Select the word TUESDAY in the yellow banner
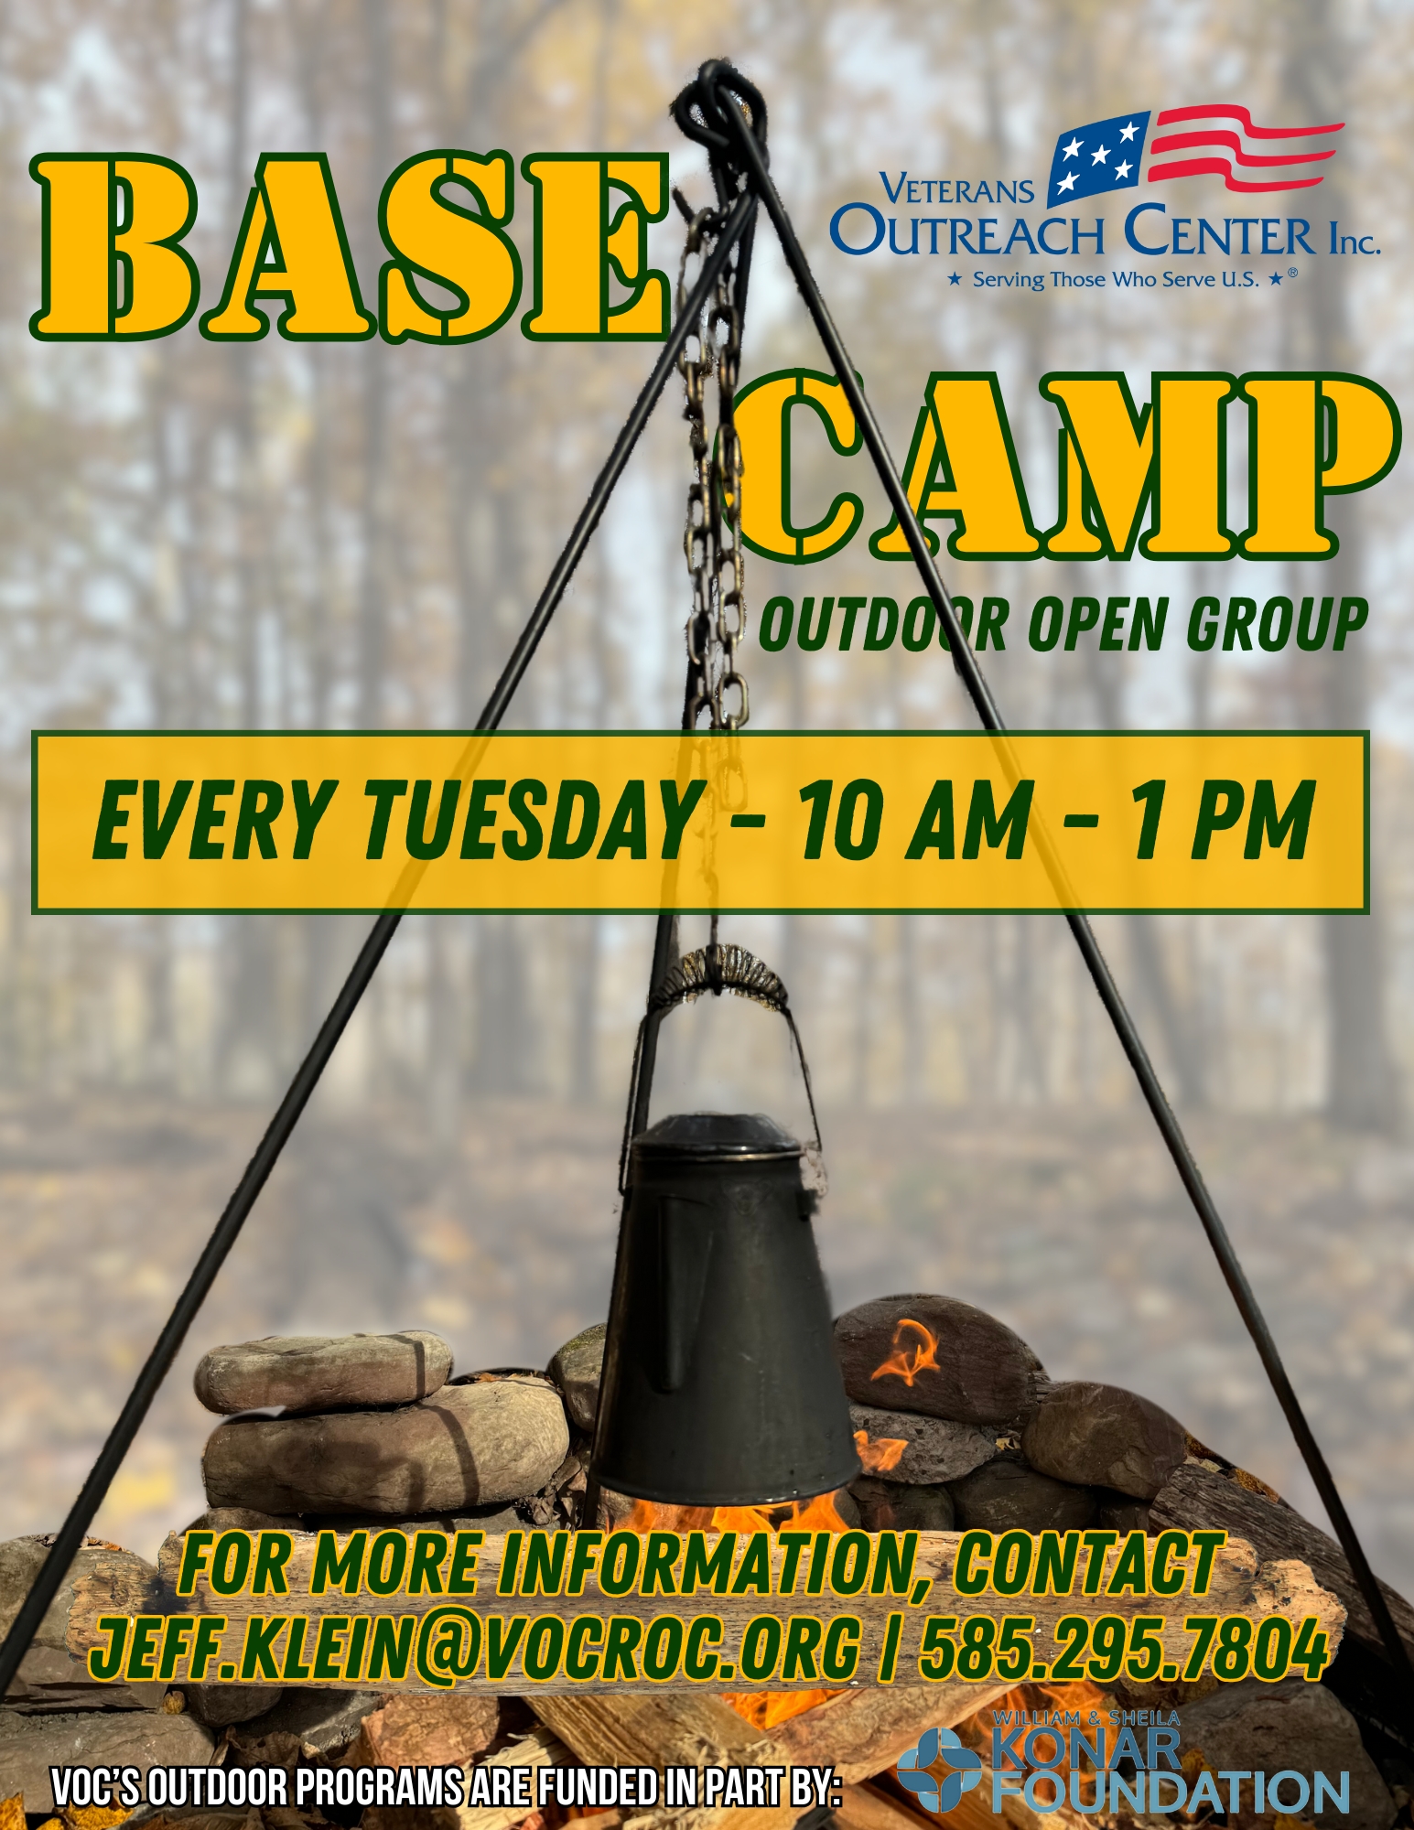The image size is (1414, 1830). (533, 820)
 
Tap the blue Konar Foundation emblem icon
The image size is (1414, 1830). (938, 1769)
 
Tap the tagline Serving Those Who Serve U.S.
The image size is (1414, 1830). (1116, 279)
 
